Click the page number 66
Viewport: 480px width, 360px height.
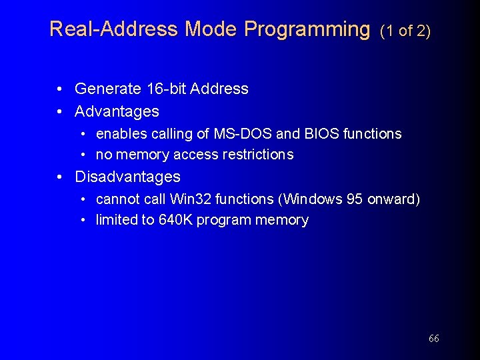coord(434,339)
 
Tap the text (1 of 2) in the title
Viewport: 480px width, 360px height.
coord(405,31)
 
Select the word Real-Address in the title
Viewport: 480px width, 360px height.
coord(114,29)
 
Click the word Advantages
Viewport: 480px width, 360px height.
coord(117,111)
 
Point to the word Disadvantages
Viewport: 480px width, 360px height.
coord(127,177)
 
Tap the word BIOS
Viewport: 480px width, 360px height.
coord(321,134)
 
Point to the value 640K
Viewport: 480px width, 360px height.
coord(175,221)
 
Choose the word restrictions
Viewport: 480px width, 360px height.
coord(260,155)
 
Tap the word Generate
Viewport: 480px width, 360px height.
coord(107,89)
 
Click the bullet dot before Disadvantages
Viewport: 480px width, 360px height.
coord(60,177)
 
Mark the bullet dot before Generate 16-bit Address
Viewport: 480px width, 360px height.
coord(60,89)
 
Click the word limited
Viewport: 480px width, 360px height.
coord(115,221)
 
